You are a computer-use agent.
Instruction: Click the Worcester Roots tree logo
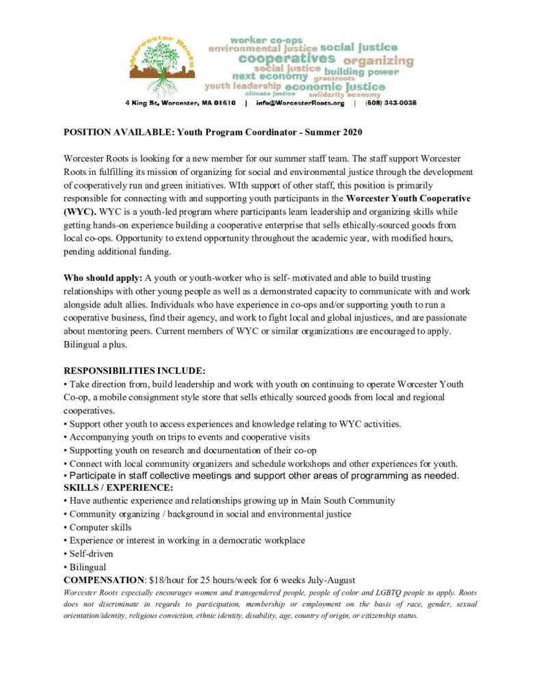(x=162, y=65)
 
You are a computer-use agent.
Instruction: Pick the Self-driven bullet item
(x=91, y=554)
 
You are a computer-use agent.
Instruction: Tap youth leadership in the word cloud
(x=243, y=87)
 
